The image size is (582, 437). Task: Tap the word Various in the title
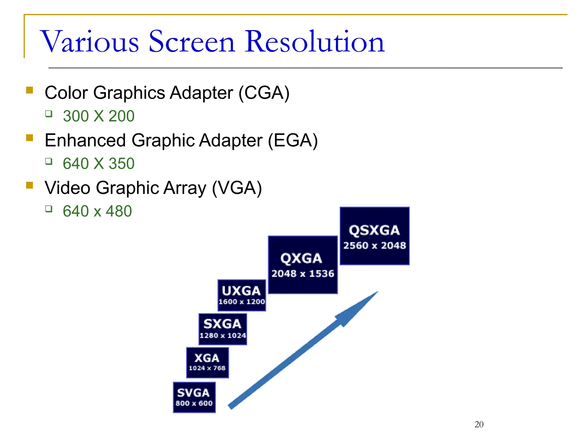point(90,42)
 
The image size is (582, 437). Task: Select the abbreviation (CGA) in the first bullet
point(264,93)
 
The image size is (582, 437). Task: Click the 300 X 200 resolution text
point(99,116)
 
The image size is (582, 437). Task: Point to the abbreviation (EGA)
point(293,140)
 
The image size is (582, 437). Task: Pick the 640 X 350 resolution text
point(99,164)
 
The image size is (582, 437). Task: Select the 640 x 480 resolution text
point(97,211)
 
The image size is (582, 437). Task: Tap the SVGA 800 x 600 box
point(194,397)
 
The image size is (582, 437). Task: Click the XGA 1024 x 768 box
point(207,363)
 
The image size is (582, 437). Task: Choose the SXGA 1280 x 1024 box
point(223,329)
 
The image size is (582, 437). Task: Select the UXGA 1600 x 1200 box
point(242,295)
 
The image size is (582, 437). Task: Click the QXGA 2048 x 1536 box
point(303,265)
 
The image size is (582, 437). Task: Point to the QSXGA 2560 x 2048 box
point(375,236)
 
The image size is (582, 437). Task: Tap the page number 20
point(479,424)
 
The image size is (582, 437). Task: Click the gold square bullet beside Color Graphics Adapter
point(30,90)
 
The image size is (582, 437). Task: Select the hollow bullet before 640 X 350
point(49,162)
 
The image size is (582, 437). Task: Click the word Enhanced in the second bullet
point(85,140)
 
